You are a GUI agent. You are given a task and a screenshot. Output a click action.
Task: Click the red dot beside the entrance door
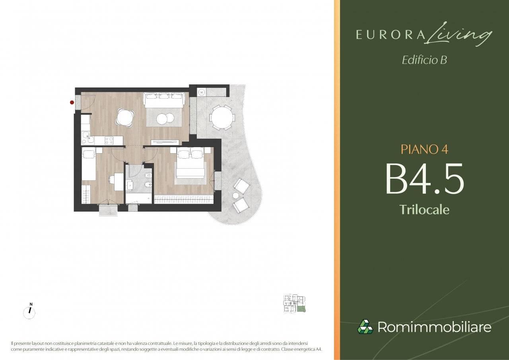tap(72, 103)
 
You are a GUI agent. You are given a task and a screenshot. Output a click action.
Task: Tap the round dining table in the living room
tap(125, 117)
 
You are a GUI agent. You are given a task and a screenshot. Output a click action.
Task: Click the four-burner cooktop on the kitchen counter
tap(109, 140)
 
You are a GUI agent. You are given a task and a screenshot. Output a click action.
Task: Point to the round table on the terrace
tap(222, 117)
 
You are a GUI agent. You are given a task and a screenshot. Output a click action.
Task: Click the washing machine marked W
tap(202, 92)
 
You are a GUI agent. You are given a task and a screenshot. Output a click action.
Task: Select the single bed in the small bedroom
tap(89, 163)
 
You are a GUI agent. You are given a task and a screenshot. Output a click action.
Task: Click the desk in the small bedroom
tap(119, 181)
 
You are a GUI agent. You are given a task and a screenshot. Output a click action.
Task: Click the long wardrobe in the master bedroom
tap(184, 199)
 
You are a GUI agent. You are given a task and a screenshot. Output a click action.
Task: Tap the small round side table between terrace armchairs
tap(236, 195)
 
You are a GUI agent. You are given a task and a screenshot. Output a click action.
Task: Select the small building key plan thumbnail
tap(295, 304)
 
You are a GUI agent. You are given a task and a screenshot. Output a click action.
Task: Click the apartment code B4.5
tap(424, 179)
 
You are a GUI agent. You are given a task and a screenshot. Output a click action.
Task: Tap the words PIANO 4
tap(424, 150)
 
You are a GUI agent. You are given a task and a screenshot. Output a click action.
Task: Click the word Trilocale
tap(424, 209)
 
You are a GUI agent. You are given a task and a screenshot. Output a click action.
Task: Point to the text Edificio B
tap(424, 60)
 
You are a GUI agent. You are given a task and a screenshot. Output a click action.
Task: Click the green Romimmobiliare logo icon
tap(365, 327)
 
